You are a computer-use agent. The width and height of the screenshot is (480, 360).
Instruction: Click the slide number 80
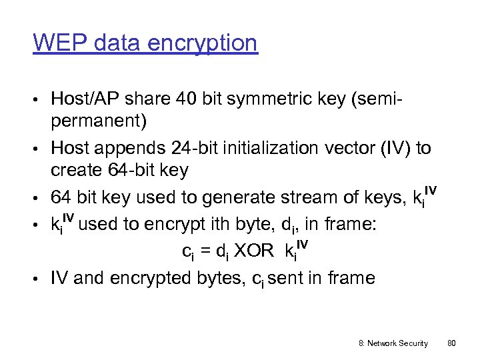451,343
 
